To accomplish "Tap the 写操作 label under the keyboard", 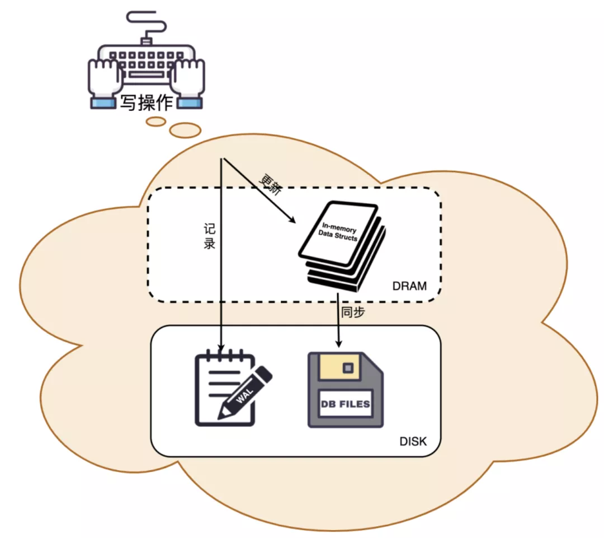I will click(x=147, y=102).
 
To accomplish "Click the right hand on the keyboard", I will click(x=187, y=78).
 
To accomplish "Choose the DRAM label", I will click(x=409, y=287).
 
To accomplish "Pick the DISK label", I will click(x=413, y=442).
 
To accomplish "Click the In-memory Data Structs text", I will click(x=338, y=232).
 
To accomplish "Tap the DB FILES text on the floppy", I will click(x=346, y=404).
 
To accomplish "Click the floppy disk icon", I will click(x=346, y=390).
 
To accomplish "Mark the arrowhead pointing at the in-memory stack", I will click(x=292, y=220).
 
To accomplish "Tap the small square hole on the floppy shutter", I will click(x=348, y=368).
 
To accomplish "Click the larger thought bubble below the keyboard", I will click(x=185, y=130).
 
